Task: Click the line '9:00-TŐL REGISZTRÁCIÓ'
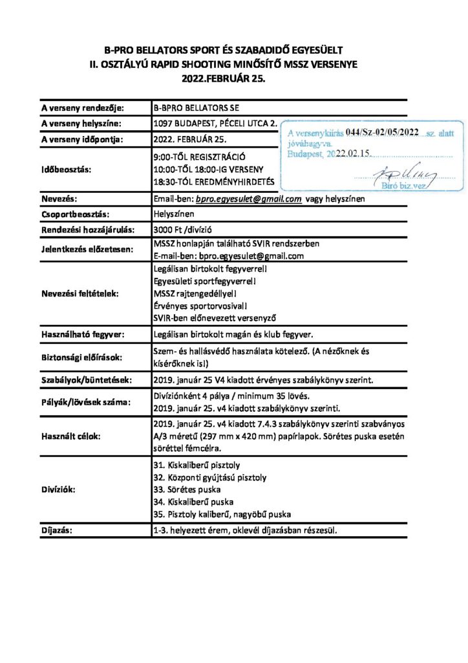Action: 199,157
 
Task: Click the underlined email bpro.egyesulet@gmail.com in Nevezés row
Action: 251,199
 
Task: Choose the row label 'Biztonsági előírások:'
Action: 81,357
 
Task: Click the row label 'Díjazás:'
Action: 58,531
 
